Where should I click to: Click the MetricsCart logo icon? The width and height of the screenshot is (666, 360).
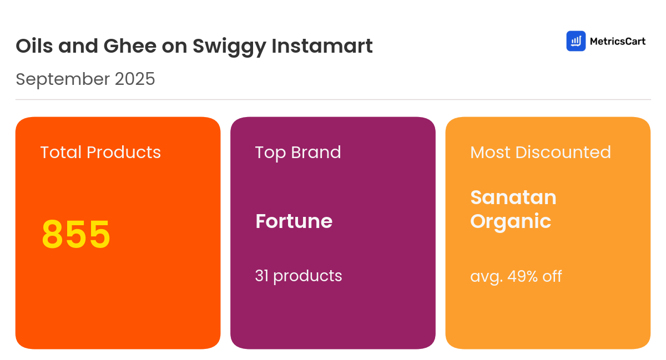click(576, 41)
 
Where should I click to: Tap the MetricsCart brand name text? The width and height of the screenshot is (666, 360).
click(617, 41)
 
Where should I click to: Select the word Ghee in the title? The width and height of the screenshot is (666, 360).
click(130, 46)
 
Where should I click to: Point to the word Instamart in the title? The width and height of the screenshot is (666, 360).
click(322, 46)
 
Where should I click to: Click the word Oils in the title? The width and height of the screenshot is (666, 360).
click(34, 46)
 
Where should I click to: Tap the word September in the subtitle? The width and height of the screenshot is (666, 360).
click(62, 79)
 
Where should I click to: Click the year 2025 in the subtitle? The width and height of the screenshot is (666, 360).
click(135, 79)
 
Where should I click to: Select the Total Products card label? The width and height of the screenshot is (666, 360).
click(100, 152)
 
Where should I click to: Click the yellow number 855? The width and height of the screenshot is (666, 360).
click(76, 235)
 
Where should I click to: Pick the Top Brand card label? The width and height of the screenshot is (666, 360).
click(298, 152)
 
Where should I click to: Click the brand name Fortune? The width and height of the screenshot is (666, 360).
click(294, 221)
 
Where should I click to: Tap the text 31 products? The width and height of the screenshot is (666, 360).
click(299, 276)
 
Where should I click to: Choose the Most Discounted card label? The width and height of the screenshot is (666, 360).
click(541, 152)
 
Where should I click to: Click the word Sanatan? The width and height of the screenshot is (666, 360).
click(513, 197)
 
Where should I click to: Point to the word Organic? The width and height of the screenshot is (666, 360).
click(511, 221)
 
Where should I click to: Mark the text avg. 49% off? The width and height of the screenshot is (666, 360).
click(516, 276)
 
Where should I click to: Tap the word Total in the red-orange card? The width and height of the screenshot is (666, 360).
click(61, 152)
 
